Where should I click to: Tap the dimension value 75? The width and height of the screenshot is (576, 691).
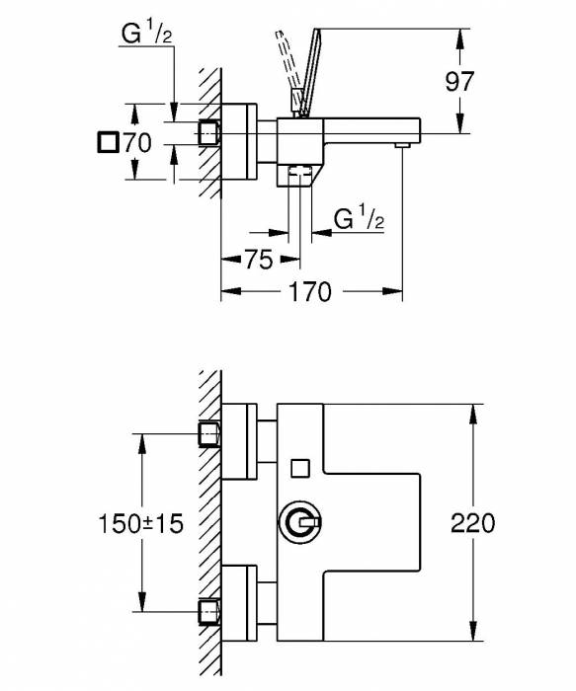[x=257, y=260]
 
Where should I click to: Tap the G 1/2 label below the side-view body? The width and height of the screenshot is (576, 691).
[x=358, y=219]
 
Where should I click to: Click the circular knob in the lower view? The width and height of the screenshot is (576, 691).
[x=299, y=521]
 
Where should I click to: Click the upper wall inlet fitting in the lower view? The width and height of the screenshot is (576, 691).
[x=208, y=433]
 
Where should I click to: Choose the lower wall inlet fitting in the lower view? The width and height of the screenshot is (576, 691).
[x=208, y=609]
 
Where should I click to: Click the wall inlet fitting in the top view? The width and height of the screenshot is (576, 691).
[x=208, y=131]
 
